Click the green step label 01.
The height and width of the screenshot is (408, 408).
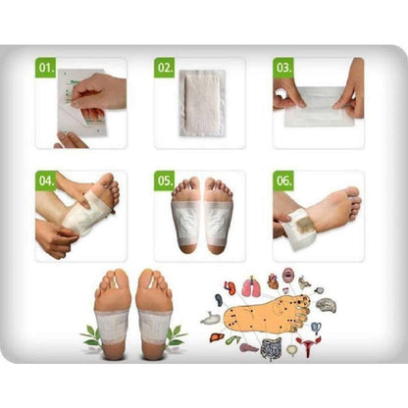45,69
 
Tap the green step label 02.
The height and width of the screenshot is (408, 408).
164,69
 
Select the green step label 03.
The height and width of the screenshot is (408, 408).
283,69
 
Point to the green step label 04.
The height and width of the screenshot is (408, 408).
45,181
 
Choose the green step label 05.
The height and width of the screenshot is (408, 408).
164,181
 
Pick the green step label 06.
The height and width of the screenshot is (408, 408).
283,181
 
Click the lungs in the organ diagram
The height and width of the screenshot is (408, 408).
250,286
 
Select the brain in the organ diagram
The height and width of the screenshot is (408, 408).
328,306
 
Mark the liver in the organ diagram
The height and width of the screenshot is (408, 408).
216,338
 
